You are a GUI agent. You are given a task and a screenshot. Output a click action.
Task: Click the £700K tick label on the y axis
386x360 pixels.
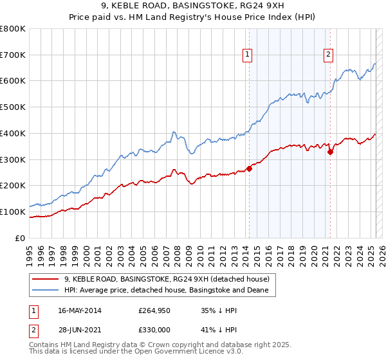(13, 55)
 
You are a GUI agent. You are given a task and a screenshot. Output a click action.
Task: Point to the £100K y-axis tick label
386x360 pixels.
(13, 212)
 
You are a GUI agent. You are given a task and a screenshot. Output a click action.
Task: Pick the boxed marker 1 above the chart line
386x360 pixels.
(247, 55)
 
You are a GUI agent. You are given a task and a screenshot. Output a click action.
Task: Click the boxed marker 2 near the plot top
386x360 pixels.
(328, 55)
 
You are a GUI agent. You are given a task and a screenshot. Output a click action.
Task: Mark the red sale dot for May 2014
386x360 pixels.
(249, 169)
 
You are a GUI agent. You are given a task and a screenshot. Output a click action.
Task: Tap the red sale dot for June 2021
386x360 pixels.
(330, 152)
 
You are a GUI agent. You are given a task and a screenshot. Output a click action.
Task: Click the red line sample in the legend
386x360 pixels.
(46, 279)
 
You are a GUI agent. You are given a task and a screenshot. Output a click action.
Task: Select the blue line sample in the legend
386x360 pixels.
(46, 291)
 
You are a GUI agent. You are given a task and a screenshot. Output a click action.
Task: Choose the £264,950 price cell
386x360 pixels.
(153, 310)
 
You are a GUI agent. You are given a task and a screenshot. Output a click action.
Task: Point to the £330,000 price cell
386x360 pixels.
(153, 330)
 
